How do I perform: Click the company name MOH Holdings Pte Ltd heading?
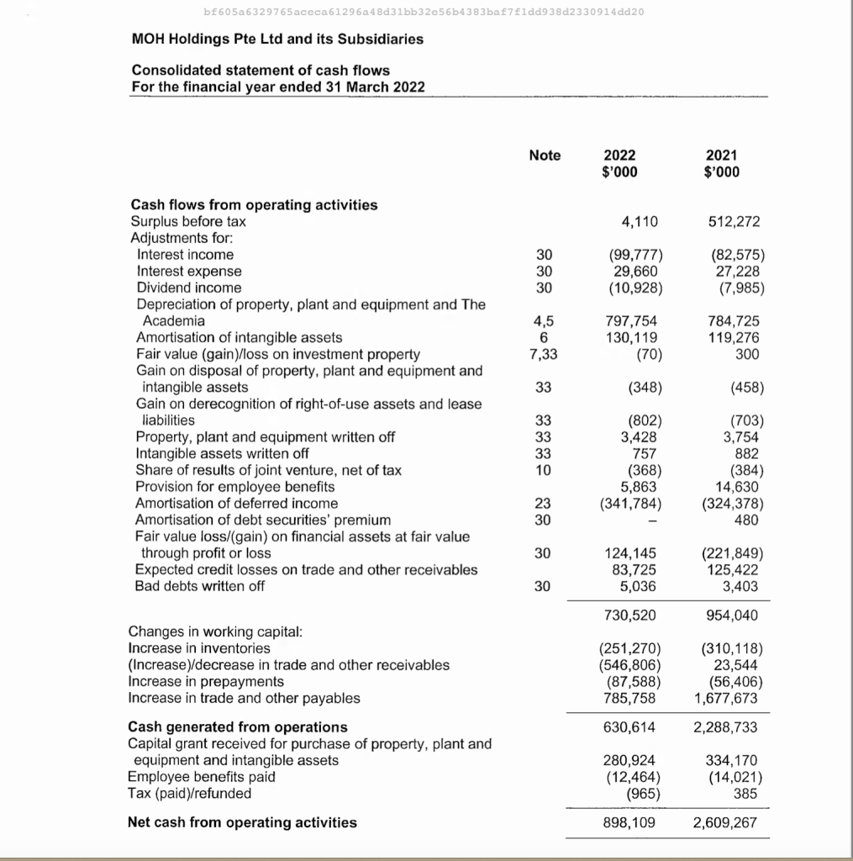(277, 39)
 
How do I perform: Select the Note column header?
(545, 156)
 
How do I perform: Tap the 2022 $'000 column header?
(620, 163)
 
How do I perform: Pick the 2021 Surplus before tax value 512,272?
(734, 222)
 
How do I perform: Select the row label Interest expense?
(189, 271)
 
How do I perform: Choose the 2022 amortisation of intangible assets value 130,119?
(633, 337)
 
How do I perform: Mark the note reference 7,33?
(545, 354)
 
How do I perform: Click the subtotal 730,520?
(630, 615)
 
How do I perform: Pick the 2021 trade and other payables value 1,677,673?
(727, 698)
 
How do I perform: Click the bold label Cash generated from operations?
(237, 726)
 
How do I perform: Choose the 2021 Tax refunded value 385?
(746, 793)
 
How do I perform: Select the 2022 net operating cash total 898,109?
(630, 822)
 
